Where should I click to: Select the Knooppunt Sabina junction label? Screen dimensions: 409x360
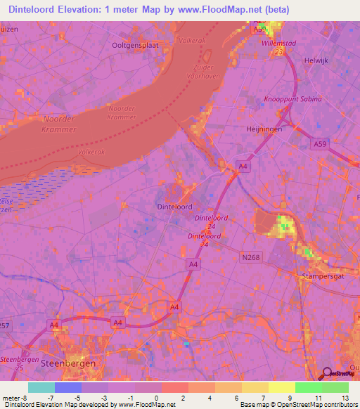[x=292, y=99]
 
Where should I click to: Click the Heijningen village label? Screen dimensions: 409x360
[x=266, y=131]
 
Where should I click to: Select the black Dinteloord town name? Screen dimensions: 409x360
[x=175, y=207]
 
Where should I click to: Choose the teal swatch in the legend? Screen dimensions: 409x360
[x=41, y=387]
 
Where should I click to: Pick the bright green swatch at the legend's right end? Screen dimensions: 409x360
[x=335, y=387]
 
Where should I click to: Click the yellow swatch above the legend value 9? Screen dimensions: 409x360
[x=281, y=387]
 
